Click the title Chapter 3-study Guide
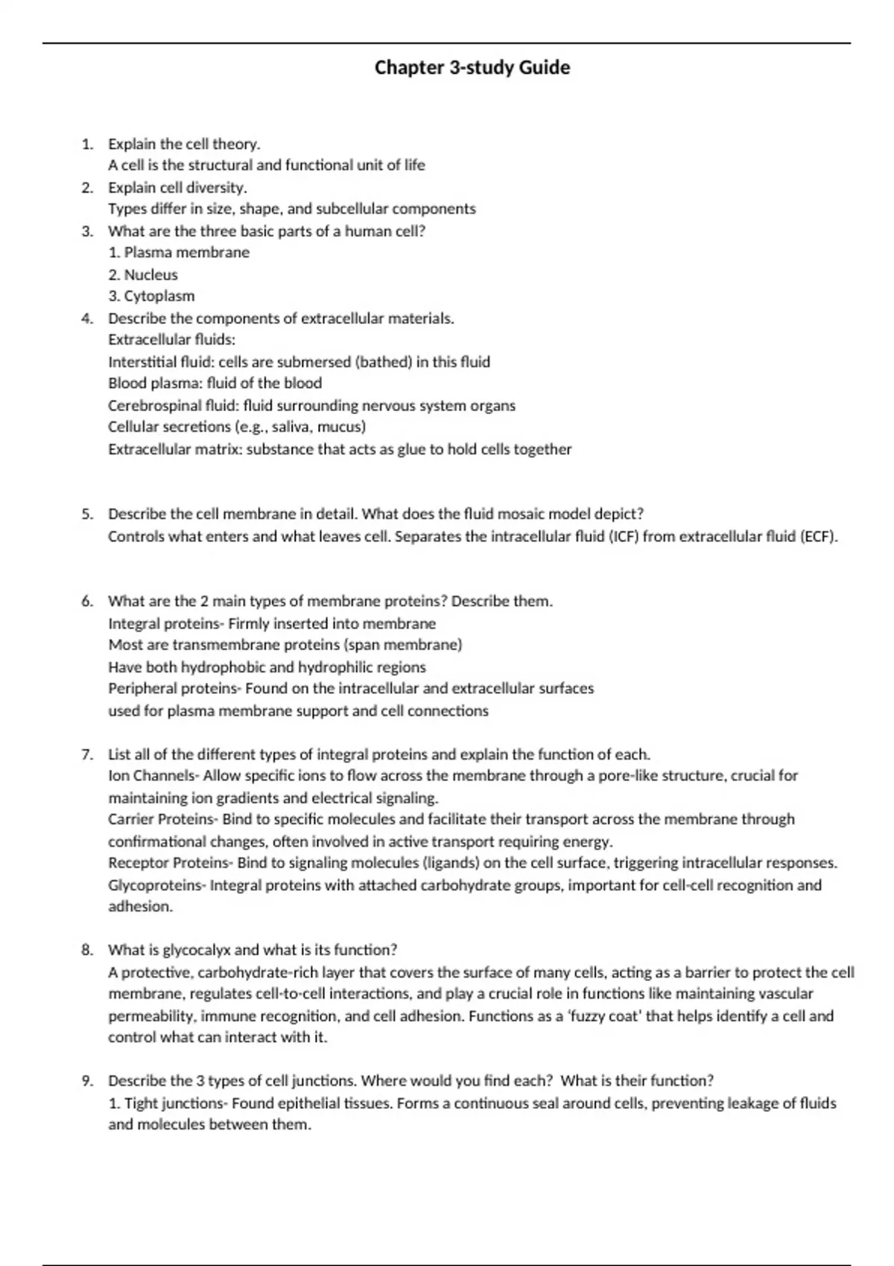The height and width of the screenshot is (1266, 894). [472, 68]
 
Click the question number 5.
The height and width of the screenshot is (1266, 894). [87, 514]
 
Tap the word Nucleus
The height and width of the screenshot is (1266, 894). [150, 275]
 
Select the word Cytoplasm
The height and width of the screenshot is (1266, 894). [159, 296]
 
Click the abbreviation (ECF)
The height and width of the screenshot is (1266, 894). [819, 536]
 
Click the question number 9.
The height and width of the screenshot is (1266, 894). [87, 1081]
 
